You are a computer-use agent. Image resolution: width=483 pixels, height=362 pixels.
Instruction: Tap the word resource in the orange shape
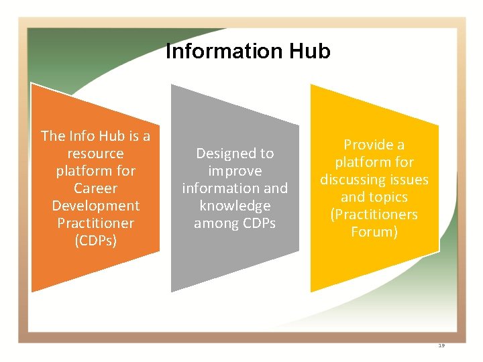point(96,154)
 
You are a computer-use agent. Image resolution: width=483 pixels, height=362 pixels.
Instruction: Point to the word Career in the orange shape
point(96,188)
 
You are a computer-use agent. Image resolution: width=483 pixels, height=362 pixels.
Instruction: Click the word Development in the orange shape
point(96,206)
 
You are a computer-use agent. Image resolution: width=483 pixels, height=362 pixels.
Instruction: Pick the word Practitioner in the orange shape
point(96,223)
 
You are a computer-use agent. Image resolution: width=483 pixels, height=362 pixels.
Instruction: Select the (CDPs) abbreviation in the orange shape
point(96,241)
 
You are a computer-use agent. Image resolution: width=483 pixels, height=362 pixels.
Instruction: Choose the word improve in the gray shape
point(235,171)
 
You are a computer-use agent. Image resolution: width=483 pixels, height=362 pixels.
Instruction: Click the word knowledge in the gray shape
point(235,206)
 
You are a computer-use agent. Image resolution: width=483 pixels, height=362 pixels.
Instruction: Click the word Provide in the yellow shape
point(367,145)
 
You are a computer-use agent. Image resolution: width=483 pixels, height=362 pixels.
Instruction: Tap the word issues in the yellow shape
point(410,180)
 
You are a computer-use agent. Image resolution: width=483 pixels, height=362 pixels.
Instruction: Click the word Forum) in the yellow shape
point(374,232)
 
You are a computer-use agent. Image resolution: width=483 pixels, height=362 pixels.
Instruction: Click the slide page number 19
point(441,345)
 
